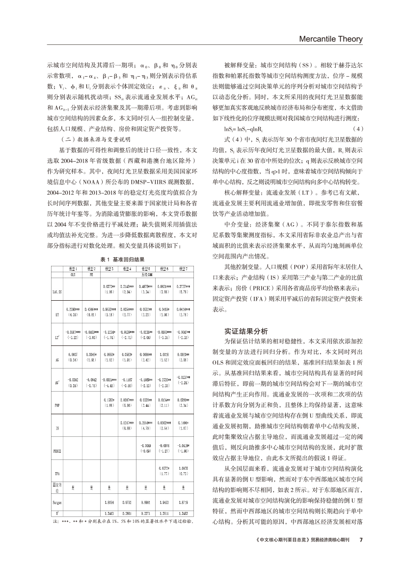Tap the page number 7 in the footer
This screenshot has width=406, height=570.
pyautogui.click(x=360, y=540)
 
